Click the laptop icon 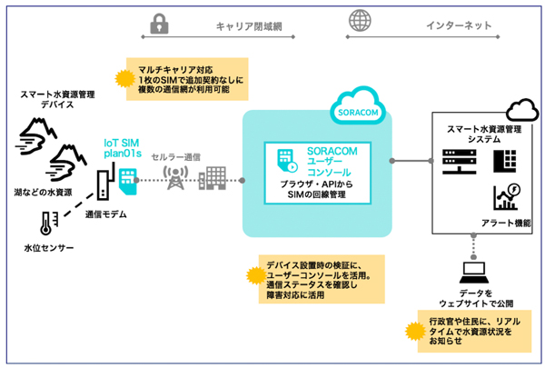[x=474, y=272]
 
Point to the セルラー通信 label [x=177, y=155]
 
